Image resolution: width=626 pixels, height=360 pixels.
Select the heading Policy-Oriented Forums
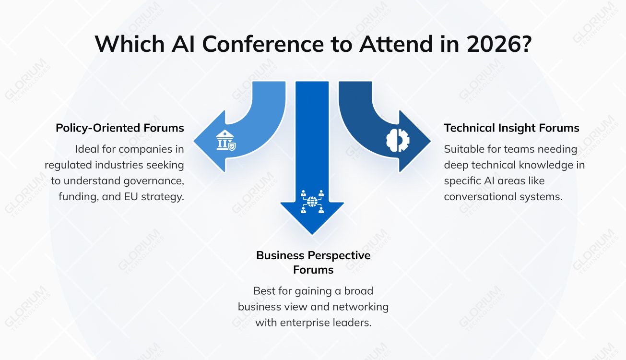(120, 128)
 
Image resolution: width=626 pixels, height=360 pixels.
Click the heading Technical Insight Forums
(511, 128)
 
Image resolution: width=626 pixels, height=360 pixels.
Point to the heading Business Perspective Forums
(313, 262)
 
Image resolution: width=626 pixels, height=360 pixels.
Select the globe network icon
(312, 202)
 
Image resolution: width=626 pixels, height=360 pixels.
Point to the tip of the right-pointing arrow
(429, 142)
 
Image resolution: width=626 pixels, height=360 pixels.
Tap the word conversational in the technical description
(480, 197)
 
